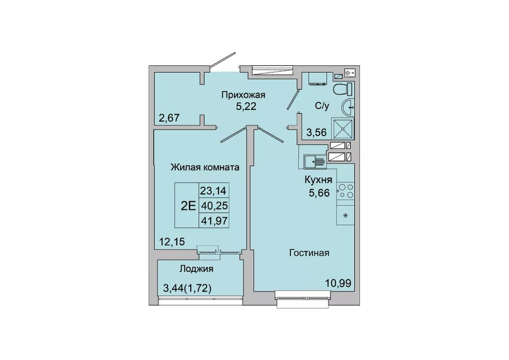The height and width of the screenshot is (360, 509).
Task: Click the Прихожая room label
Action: (x=243, y=95)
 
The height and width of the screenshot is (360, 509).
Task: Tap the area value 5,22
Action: (x=246, y=107)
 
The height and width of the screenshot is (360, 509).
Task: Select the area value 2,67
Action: (x=169, y=117)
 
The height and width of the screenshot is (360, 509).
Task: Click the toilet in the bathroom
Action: (x=343, y=88)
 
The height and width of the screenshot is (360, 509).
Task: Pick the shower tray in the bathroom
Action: (x=342, y=128)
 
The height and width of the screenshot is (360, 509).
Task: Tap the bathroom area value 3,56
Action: (x=317, y=132)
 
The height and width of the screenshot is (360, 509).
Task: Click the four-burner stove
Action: (x=346, y=191)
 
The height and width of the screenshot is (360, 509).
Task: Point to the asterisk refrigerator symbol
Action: (x=346, y=215)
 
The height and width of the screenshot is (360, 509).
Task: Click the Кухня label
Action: (x=318, y=180)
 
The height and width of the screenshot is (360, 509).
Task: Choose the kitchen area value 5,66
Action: (x=319, y=193)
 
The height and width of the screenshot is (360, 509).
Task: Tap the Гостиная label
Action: (x=309, y=253)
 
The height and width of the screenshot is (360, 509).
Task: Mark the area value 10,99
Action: (x=338, y=283)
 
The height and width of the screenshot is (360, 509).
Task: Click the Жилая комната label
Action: (x=205, y=167)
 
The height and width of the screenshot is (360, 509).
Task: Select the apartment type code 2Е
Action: (x=188, y=206)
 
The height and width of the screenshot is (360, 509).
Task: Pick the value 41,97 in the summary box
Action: (x=214, y=221)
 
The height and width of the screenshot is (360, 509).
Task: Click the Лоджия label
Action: (x=197, y=269)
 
